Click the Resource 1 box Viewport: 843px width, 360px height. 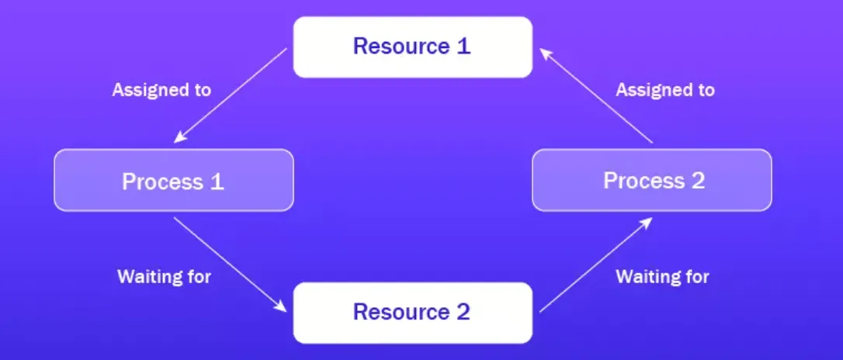412,47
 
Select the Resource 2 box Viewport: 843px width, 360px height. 412,313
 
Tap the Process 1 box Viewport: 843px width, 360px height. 173,181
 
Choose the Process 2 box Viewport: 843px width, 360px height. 652,181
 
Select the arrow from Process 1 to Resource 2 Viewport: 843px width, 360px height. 231,265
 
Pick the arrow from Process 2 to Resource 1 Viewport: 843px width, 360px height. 595,95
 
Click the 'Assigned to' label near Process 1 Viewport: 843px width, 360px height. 161,89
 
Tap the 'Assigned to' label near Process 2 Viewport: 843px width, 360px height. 665,89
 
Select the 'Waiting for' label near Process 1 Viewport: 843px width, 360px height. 164,275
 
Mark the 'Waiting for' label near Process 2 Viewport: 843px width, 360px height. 662,275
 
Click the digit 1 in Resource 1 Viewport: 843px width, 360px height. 463,46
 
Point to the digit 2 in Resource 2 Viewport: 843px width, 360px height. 463,313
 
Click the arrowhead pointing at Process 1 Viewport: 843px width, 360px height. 178,139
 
